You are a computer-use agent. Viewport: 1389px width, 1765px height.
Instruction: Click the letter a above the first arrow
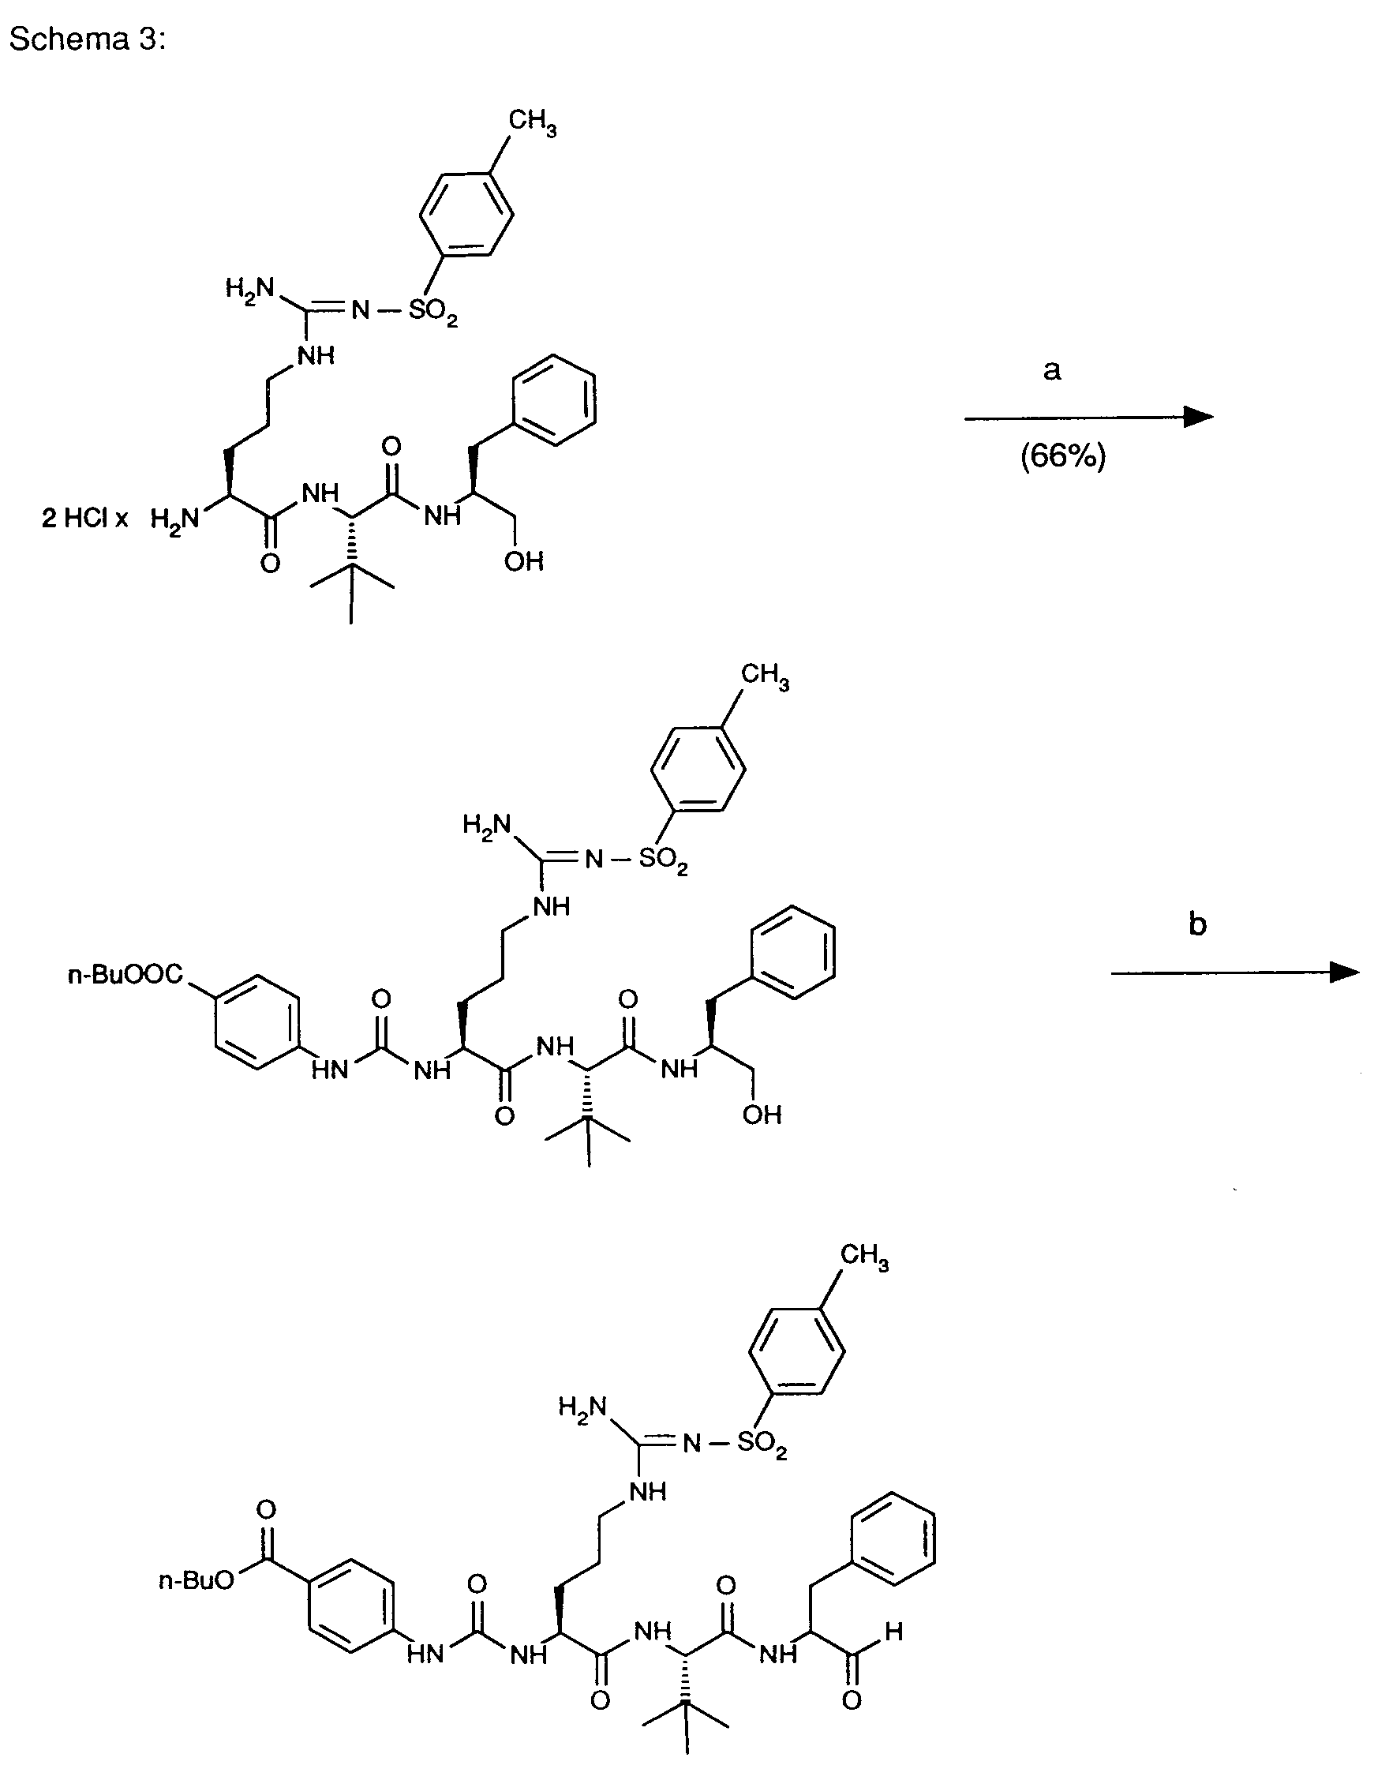1051,371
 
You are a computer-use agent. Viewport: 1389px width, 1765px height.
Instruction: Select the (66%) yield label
1063,456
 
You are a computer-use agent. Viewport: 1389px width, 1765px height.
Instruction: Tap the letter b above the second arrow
1197,924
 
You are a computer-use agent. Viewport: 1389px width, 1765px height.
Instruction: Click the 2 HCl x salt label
84,518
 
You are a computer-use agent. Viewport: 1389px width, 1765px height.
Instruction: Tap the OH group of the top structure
524,561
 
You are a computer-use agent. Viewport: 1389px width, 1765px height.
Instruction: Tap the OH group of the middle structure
762,1115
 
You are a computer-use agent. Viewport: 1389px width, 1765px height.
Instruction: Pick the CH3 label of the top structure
533,123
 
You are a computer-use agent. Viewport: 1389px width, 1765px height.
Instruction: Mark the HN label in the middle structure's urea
330,1070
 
